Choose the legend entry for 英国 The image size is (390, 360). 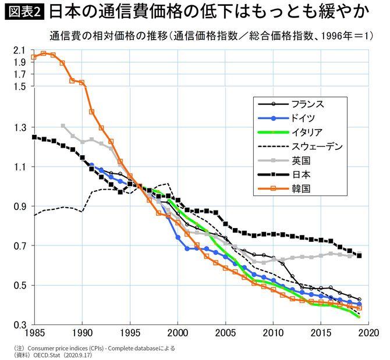point(298,160)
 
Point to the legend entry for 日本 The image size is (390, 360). point(298,174)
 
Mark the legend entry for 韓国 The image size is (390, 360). point(298,188)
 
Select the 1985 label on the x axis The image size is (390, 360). point(34,335)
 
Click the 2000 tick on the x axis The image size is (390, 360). point(178,335)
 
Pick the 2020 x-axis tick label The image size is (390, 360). point(368,335)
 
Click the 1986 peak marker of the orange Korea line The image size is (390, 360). point(43,54)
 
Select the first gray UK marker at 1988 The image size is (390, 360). point(63,126)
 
